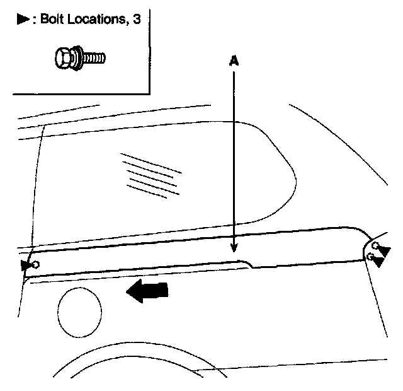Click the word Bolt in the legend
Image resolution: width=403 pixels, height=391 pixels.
pos(53,19)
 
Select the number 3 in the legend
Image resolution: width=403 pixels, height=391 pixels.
pos(137,19)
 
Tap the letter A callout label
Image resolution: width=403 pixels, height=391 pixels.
pos(234,61)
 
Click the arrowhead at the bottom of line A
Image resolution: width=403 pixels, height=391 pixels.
pos(234,248)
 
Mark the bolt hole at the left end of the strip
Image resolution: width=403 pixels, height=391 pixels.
pos(36,264)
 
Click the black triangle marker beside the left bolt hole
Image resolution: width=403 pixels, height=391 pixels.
pos(26,265)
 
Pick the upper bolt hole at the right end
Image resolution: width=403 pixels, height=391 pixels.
pos(375,245)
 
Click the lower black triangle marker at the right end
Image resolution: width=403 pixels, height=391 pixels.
pos(380,261)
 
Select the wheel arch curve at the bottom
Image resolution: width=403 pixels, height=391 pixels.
pos(126,353)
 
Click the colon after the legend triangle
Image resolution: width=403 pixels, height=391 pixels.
pos(34,20)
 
